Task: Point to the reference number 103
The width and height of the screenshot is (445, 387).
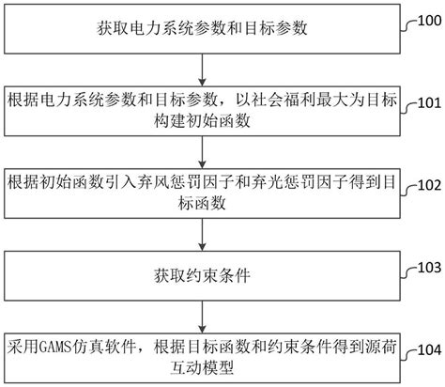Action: (425, 266)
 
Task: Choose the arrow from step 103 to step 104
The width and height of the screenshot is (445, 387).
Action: (202, 317)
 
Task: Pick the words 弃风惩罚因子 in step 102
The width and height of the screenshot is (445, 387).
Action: (196, 180)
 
